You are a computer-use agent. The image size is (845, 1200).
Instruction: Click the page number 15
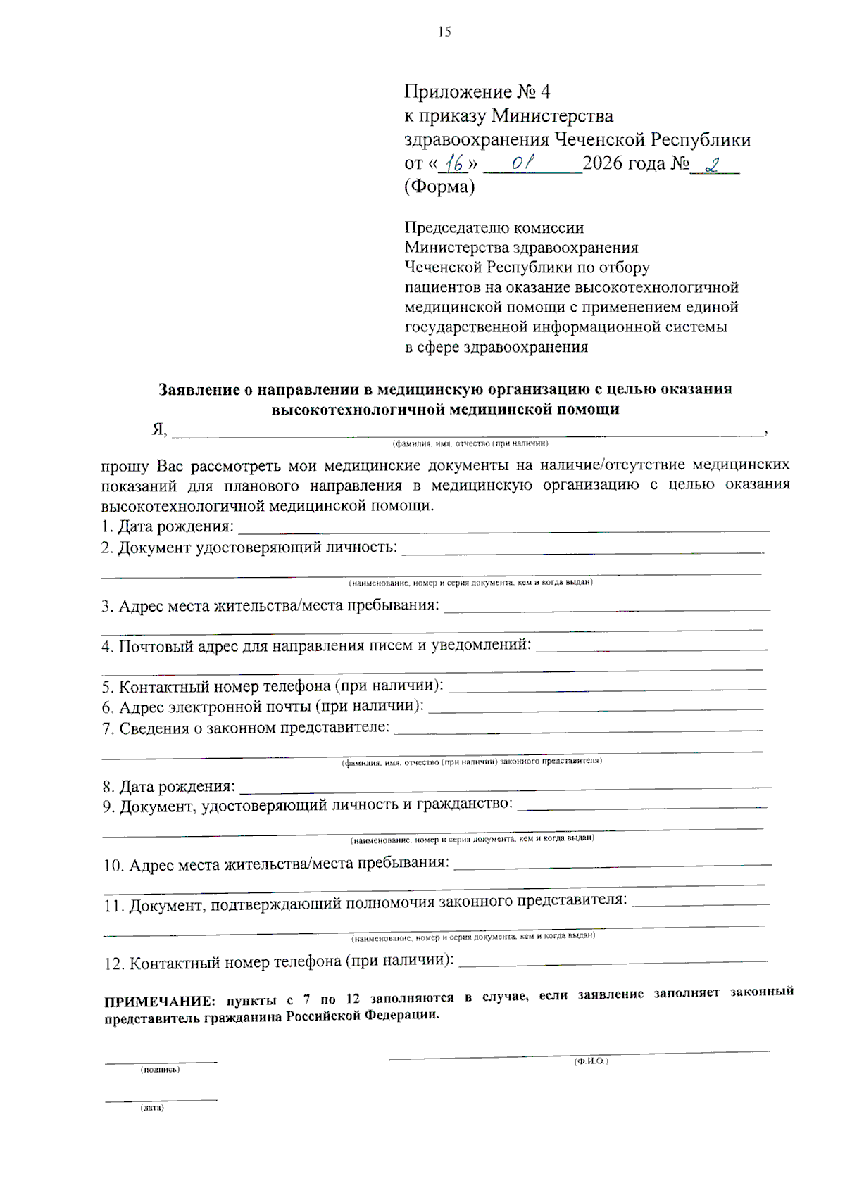444,32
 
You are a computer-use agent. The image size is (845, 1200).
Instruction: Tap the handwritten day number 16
454,164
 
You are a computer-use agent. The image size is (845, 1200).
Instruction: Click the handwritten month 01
522,163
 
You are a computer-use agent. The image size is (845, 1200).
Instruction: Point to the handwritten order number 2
713,165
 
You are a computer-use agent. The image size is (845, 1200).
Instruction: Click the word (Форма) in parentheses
439,187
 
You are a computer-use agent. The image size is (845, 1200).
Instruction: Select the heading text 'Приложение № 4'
477,92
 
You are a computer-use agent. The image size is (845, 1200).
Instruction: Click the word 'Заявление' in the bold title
199,390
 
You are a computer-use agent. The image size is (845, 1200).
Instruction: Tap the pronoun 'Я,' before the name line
159,429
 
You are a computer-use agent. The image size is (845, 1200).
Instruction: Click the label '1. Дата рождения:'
167,526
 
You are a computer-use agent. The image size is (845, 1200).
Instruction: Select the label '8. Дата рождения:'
169,786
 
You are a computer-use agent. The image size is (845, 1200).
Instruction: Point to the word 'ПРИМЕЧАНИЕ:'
159,1002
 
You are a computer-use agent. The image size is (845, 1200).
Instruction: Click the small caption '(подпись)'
160,1070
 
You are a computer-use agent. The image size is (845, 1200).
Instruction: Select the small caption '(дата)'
152,1108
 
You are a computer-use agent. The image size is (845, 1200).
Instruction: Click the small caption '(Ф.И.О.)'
591,1061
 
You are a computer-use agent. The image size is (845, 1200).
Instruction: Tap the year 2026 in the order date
603,163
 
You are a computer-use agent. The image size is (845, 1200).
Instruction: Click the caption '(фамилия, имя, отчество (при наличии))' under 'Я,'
470,443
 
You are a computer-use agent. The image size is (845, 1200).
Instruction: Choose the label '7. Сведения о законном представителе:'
246,728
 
